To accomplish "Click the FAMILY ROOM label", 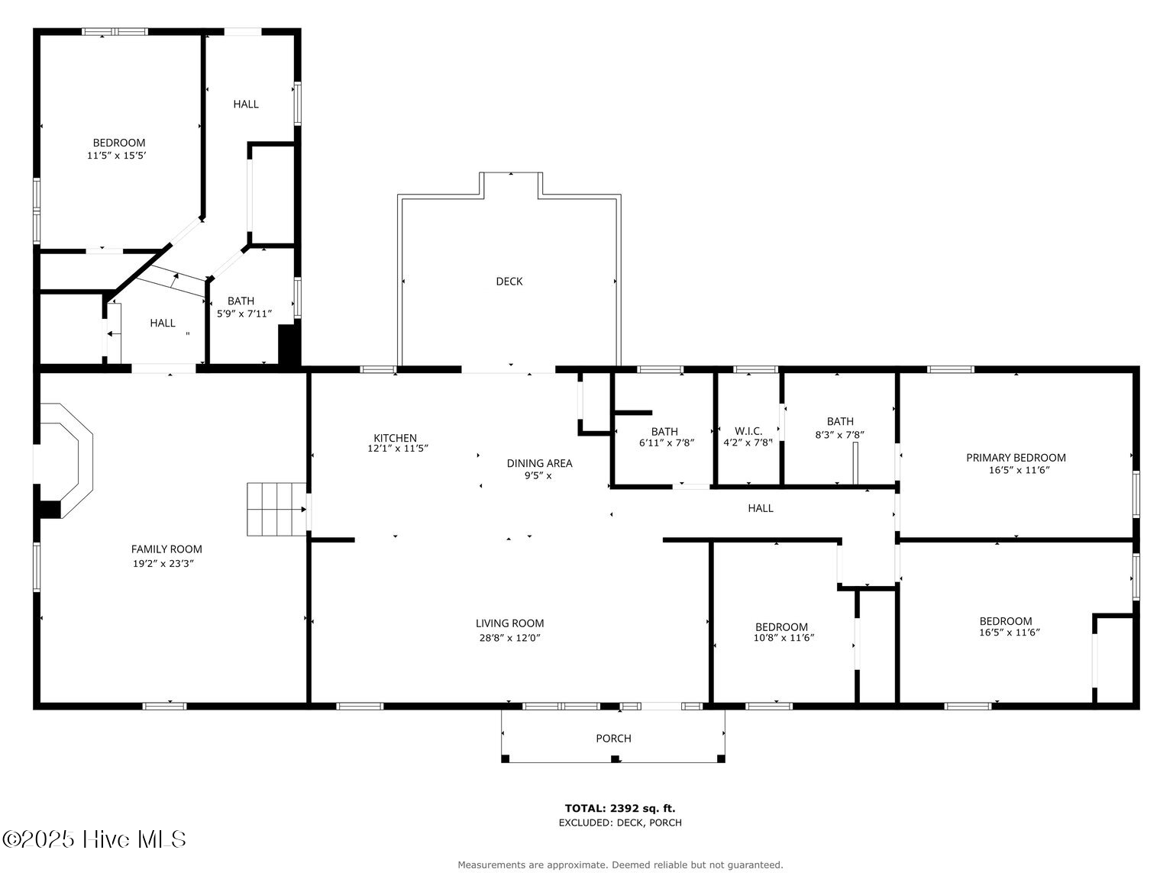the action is point(166,549).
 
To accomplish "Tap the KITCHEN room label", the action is point(395,438).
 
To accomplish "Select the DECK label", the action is point(509,282).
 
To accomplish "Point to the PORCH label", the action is point(613,738).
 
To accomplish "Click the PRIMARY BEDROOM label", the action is point(1016,457).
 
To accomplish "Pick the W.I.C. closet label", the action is point(748,430).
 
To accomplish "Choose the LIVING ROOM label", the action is point(510,623).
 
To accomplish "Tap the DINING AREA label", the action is point(539,463).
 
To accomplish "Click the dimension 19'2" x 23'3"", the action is point(163,563).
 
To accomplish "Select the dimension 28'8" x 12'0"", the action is point(510,637).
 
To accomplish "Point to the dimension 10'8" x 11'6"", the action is point(784,637).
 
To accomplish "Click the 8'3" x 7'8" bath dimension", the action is point(839,435).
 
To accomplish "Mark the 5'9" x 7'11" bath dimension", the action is point(244,314).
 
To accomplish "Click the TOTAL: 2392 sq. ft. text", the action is point(620,809).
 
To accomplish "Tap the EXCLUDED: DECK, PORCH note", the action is point(620,823).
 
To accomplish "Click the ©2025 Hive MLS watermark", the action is point(94,839).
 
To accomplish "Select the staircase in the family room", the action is point(276,509).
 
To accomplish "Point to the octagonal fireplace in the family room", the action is point(63,461).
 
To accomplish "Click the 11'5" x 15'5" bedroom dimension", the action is point(117,156).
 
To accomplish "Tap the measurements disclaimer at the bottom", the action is point(620,865).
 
